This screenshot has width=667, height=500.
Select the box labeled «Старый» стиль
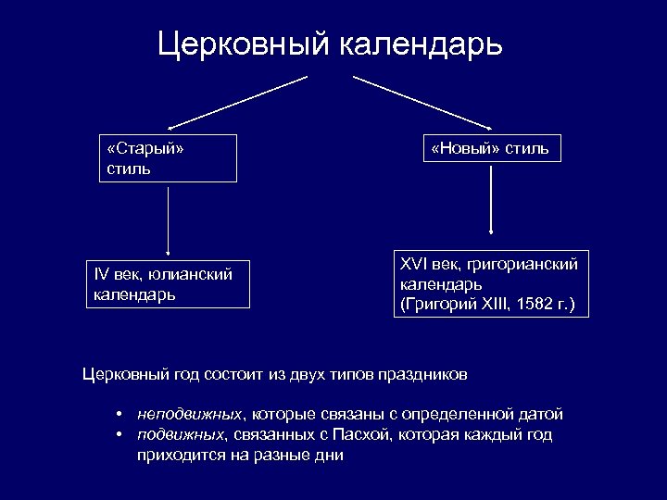(168, 158)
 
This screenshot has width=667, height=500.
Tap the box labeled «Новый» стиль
(490, 148)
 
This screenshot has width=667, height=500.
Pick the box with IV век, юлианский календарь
(169, 283)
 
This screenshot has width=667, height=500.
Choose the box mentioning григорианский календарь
(490, 284)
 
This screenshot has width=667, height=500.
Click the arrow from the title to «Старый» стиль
(236, 103)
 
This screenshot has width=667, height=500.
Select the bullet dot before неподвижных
(120, 414)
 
